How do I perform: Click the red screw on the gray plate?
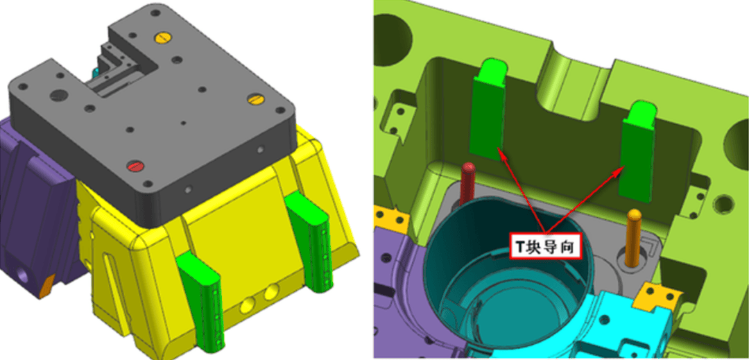pyautogui.click(x=135, y=166)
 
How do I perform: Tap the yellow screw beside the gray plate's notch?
pyautogui.click(x=162, y=37)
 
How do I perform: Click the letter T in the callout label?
pyautogui.click(x=521, y=246)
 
